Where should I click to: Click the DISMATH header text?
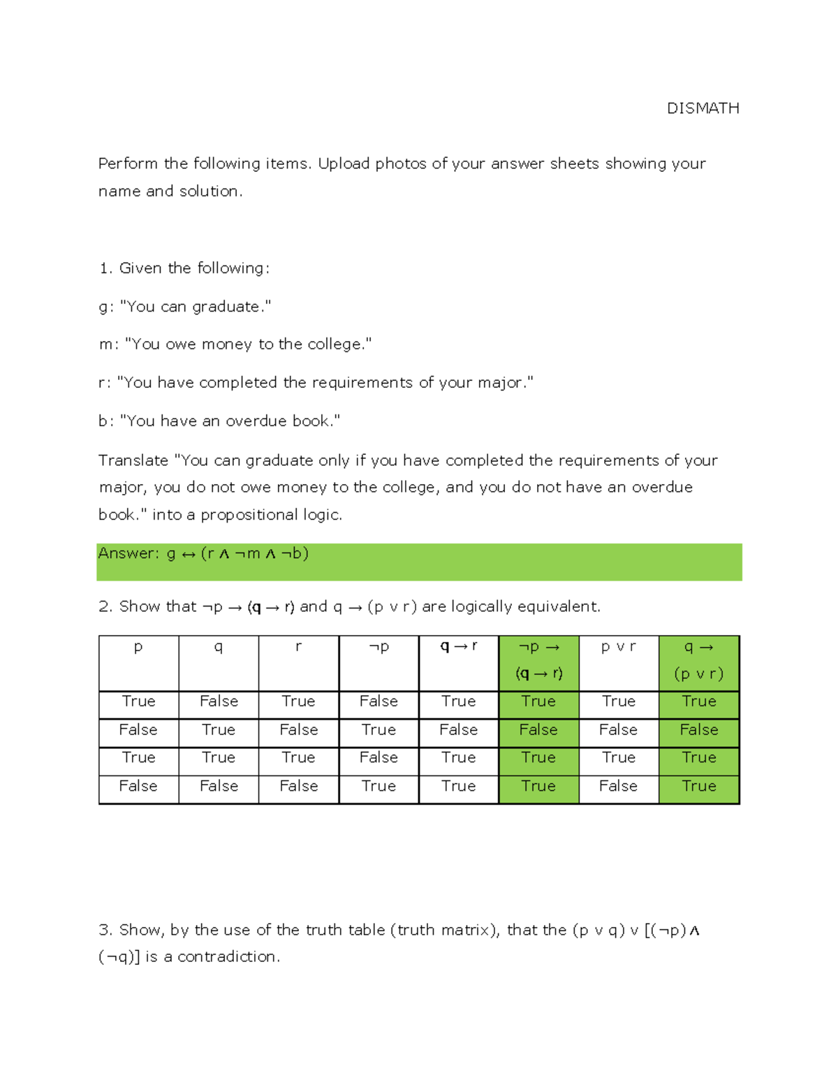click(703, 108)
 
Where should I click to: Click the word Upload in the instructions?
click(344, 163)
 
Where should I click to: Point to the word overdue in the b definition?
click(256, 421)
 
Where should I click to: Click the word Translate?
click(133, 460)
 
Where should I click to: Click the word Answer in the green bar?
click(126, 553)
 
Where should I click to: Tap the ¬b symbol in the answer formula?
click(294, 554)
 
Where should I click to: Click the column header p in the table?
click(138, 647)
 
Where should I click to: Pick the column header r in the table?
click(298, 647)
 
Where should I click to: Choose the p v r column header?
click(618, 647)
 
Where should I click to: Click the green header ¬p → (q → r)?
click(538, 660)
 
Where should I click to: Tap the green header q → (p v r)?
click(698, 660)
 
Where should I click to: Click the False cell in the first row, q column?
click(219, 701)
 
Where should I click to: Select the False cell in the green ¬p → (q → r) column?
click(538, 730)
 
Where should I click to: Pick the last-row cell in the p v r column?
click(618, 787)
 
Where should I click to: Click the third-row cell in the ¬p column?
click(378, 758)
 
